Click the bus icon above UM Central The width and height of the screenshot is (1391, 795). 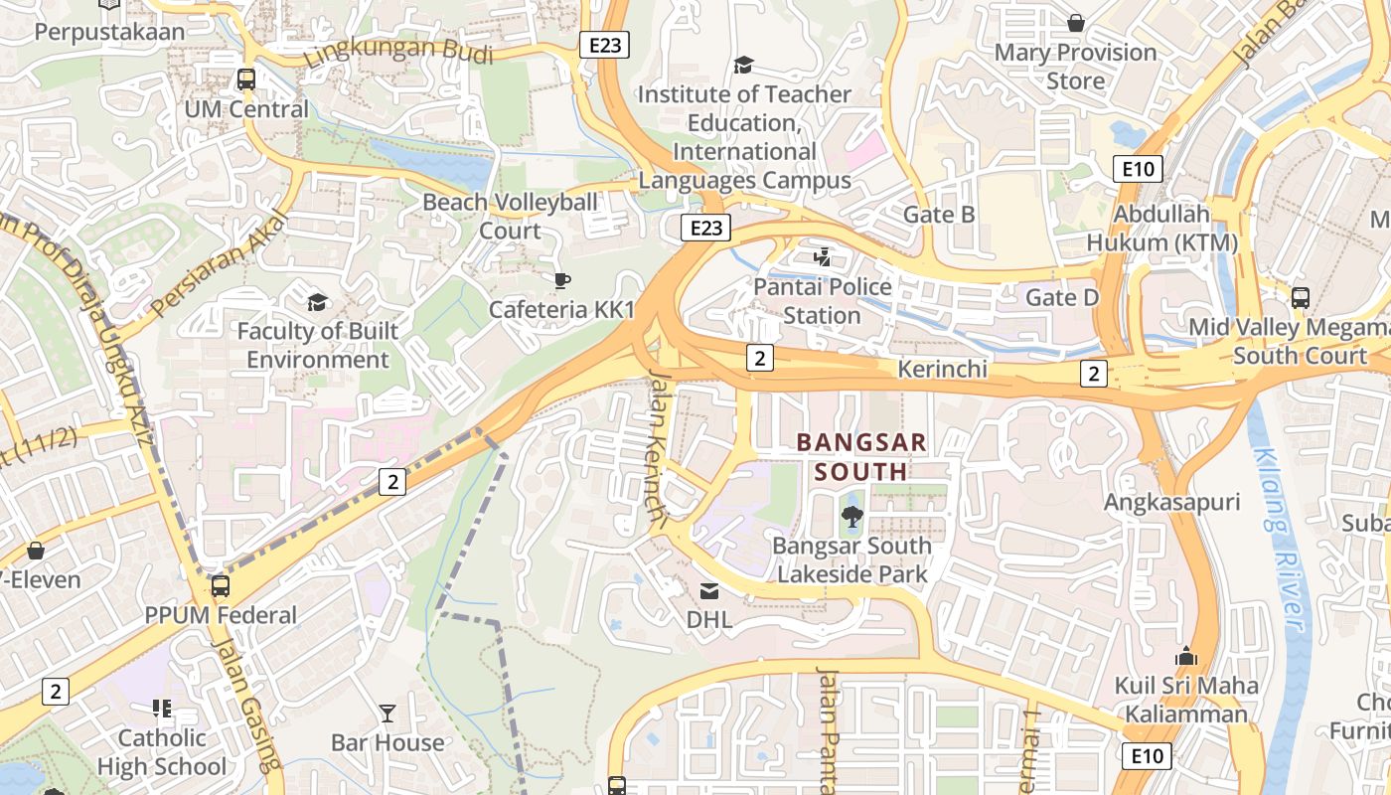tap(245, 79)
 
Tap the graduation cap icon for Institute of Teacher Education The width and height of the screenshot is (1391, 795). tap(743, 66)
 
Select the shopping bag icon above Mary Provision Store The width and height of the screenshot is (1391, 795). tap(1075, 23)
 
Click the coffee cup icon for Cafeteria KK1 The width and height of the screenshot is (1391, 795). tap(561, 280)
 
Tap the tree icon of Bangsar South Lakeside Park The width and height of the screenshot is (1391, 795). tap(851, 516)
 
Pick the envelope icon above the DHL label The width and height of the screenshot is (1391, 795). tap(709, 591)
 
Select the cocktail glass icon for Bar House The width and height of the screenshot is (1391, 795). tap(387, 713)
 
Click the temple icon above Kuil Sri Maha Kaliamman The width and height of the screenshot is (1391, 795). tap(1185, 657)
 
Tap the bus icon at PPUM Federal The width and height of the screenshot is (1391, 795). tap(221, 586)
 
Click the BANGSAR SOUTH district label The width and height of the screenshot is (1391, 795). tap(862, 456)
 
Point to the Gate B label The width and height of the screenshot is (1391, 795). tap(938, 215)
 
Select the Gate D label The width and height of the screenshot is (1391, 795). tap(1062, 297)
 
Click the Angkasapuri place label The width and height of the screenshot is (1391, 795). tap(1172, 502)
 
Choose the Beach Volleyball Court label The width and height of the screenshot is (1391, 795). tap(510, 216)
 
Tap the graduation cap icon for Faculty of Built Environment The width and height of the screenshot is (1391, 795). tap(317, 302)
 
